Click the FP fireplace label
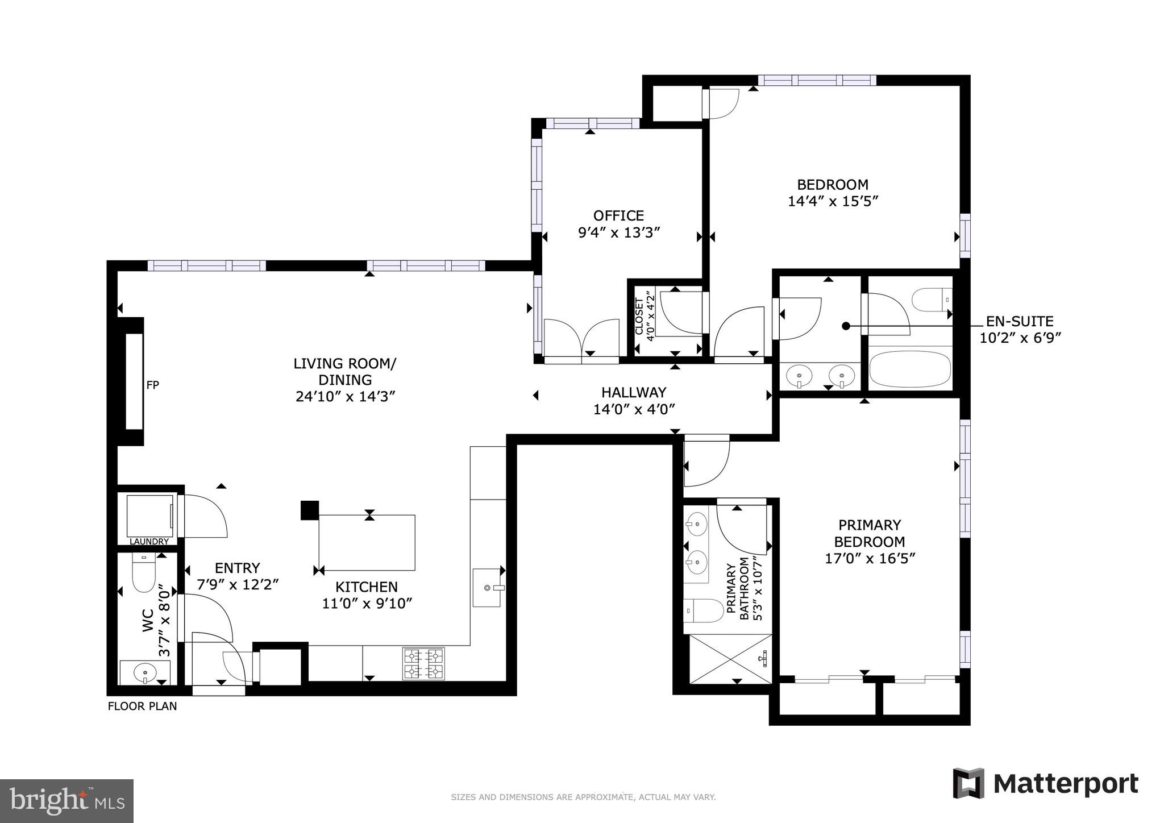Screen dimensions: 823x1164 [x=152, y=385]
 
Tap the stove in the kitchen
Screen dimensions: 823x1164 [x=423, y=664]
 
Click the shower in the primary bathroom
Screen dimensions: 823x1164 [x=730, y=659]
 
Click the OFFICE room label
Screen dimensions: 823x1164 [x=618, y=216]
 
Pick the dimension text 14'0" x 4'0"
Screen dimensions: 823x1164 [x=634, y=409]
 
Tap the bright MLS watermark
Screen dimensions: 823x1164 [x=66, y=801]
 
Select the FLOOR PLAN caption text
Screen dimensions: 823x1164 [x=142, y=706]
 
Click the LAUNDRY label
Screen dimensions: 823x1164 [x=149, y=542]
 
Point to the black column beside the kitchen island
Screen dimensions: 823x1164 [x=310, y=510]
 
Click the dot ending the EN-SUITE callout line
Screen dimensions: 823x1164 [x=846, y=326]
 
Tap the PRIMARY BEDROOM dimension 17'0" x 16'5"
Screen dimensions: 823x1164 [x=870, y=559]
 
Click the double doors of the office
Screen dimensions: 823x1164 [x=581, y=339]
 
